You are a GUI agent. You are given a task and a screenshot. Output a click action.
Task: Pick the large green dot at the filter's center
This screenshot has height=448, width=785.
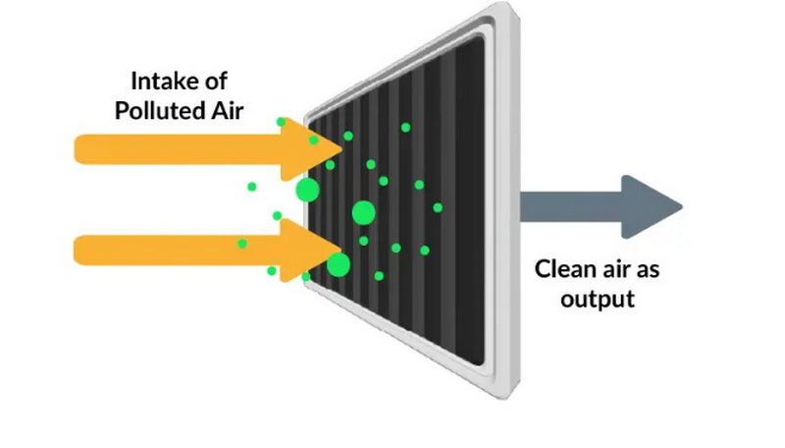pos(363,211)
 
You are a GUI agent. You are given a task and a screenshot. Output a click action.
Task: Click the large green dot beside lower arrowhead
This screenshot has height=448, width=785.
pos(339,264)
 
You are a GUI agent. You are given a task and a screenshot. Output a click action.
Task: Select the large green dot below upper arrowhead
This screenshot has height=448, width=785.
pos(307,190)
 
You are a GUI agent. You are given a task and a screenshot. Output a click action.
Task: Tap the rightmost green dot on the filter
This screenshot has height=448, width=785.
pos(438,207)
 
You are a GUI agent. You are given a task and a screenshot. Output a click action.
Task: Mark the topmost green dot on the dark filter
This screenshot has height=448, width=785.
pos(405,127)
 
